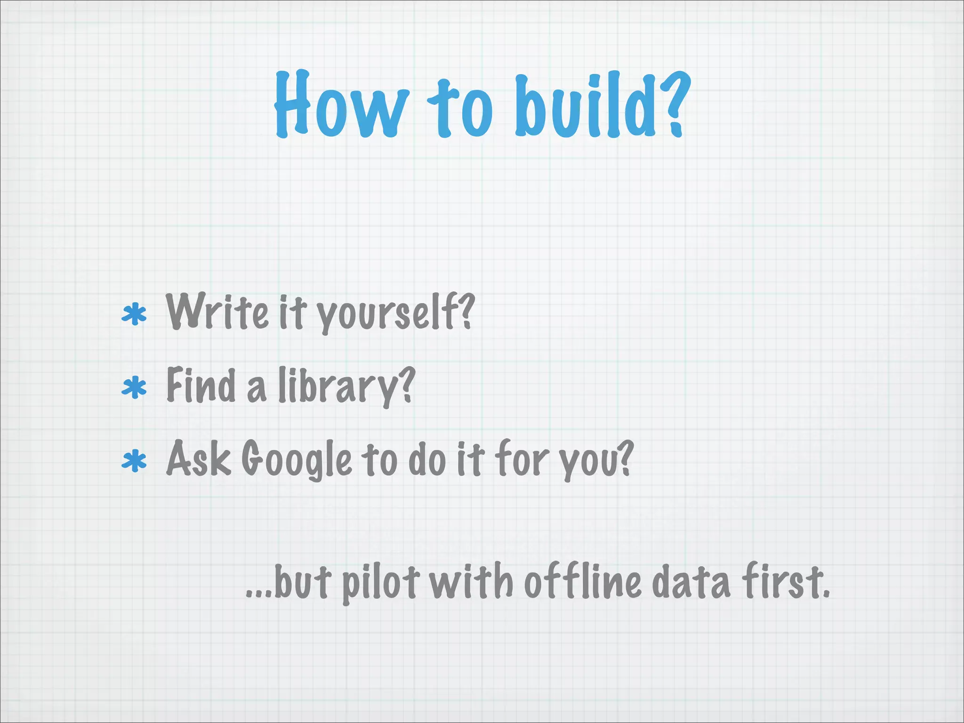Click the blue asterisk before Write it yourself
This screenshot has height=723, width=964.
(x=134, y=315)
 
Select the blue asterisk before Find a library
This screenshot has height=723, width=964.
(x=134, y=388)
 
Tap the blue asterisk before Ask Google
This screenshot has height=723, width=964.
(x=134, y=461)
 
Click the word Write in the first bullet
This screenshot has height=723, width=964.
(x=217, y=312)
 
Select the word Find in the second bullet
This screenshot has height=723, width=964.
(x=201, y=385)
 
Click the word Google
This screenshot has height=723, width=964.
(x=297, y=460)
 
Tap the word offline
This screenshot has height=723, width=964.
(x=583, y=582)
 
